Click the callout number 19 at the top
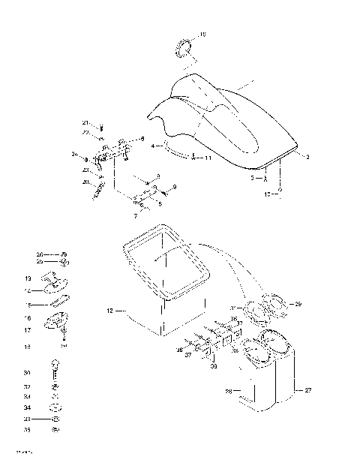(x=202, y=35)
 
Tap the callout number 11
(x=208, y=158)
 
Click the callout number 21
(x=85, y=122)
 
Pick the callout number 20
(x=85, y=182)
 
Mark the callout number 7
(x=135, y=216)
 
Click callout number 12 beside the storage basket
(x=109, y=309)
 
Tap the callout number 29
(x=298, y=303)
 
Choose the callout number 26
(x=40, y=255)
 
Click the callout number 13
(x=27, y=278)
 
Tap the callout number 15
(x=27, y=305)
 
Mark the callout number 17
(x=27, y=330)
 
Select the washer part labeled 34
(x=54, y=407)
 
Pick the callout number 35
(x=27, y=431)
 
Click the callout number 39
(x=214, y=368)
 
